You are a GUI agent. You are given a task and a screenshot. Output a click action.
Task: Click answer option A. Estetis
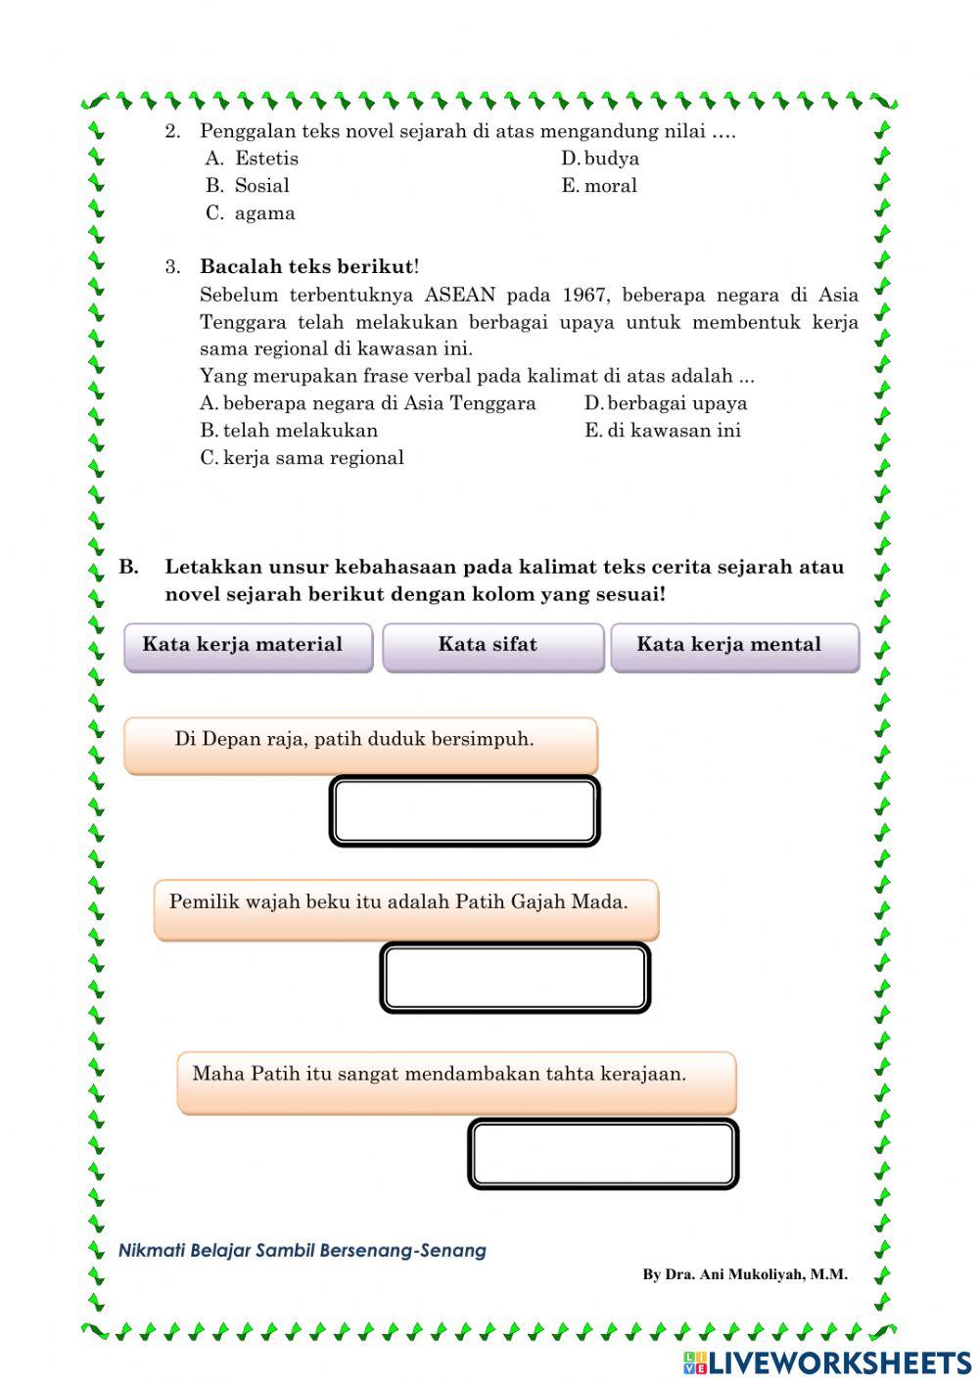[253, 159]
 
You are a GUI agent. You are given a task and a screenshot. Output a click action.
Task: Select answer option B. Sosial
[248, 186]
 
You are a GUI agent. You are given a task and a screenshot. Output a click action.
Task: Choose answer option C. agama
[251, 213]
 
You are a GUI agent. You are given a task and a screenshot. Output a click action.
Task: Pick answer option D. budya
[600, 159]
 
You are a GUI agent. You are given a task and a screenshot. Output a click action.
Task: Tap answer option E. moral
[599, 186]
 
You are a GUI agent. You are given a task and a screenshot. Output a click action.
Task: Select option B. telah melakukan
[289, 431]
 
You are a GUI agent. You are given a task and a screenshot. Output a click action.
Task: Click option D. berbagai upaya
[666, 403]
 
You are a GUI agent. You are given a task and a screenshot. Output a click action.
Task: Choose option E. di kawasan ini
[663, 431]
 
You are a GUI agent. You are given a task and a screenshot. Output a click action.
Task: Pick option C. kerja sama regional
[302, 458]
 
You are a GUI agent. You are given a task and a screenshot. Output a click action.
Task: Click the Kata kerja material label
[248, 646]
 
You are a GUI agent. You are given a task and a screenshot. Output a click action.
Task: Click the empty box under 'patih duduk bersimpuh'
[464, 811]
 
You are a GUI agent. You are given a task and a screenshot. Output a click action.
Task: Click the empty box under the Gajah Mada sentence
[515, 977]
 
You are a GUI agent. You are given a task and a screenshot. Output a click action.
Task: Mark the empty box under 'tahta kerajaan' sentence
[603, 1153]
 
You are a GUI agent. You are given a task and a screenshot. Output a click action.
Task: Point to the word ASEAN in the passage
[460, 295]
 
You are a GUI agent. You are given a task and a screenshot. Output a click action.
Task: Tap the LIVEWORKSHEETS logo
[827, 1362]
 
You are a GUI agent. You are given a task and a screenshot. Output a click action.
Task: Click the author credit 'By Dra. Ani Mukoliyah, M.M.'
[744, 1274]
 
